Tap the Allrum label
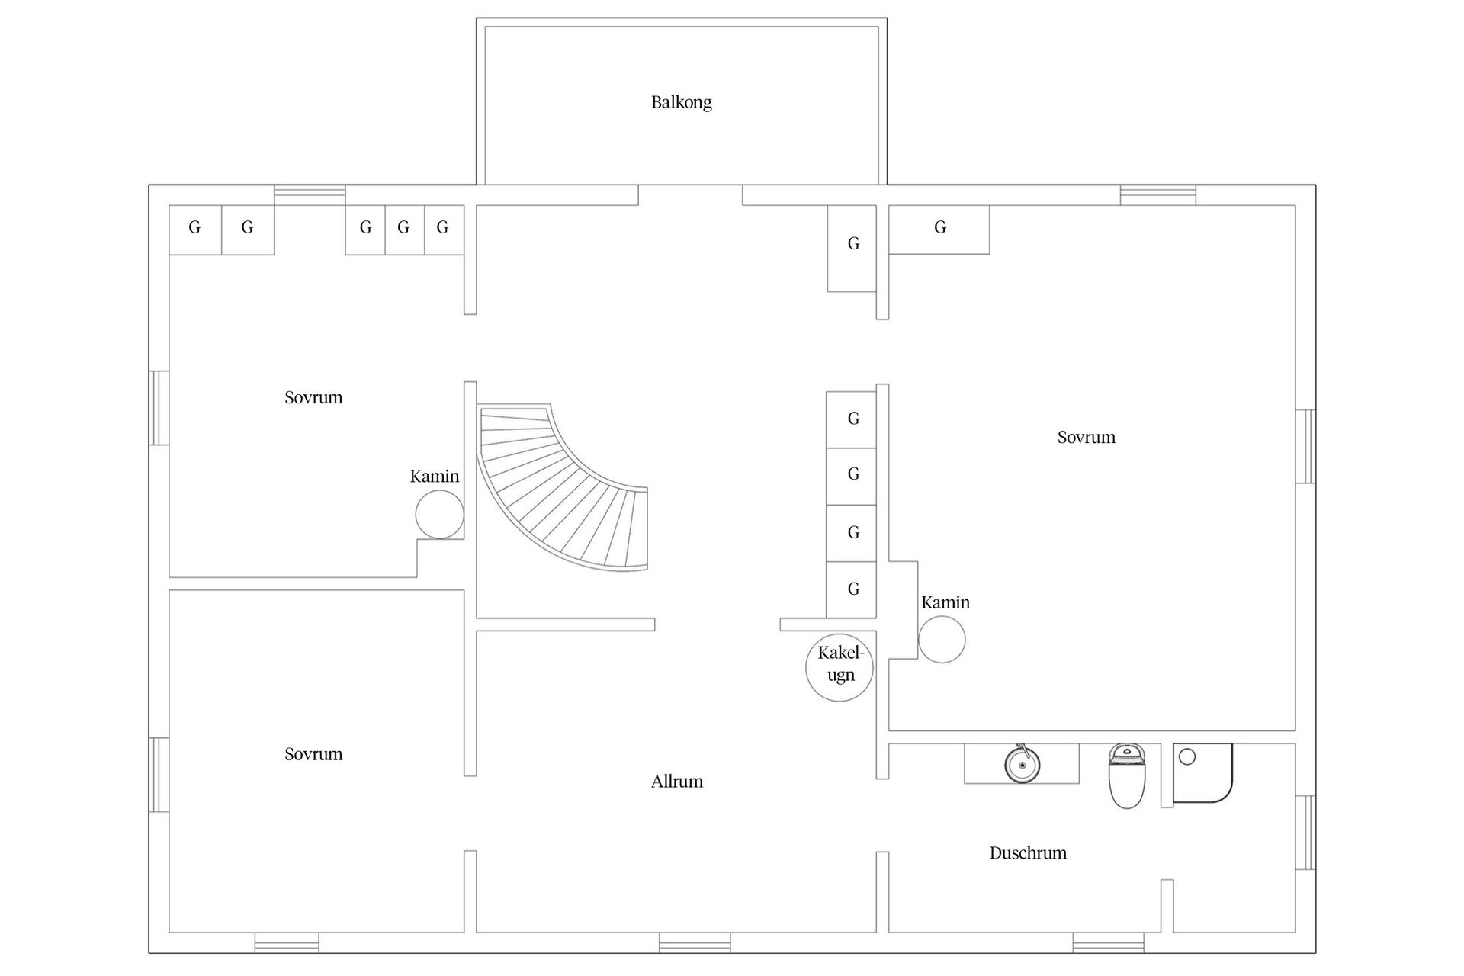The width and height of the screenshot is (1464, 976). pos(676,782)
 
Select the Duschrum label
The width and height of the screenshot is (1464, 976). pos(1028,853)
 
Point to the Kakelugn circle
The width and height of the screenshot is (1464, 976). pos(840,668)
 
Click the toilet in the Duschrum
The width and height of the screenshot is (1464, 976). pos(1127,776)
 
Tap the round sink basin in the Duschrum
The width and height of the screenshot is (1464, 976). pos(1022,764)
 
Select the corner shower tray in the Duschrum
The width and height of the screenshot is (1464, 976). pos(1202,773)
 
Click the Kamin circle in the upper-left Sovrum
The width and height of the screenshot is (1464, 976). pos(440,515)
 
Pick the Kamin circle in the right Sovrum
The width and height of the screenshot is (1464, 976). pos(942,639)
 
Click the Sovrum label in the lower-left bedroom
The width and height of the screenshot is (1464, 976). pos(313,754)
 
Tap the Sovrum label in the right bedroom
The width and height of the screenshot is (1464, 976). pos(1086,438)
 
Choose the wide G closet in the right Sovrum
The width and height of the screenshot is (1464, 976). pos(939,230)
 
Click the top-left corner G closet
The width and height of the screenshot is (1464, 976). pos(195,230)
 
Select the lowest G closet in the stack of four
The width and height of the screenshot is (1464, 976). pos(852,590)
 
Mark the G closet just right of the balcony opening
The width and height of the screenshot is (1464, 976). pos(852,249)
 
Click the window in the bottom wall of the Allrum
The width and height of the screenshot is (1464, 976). pos(695,942)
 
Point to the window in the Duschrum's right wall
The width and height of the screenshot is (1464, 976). pos(1305,833)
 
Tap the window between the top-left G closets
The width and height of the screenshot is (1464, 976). pos(310,195)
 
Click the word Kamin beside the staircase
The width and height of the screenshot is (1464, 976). pos(435,477)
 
